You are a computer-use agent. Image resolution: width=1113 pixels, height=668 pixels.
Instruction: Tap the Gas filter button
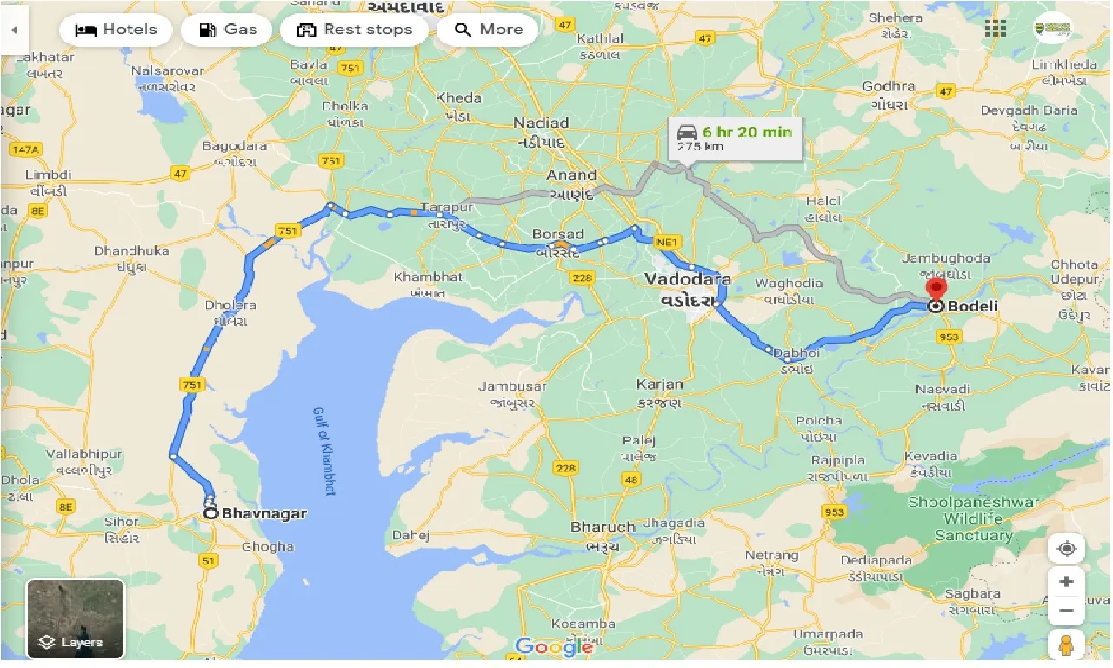coord(227,30)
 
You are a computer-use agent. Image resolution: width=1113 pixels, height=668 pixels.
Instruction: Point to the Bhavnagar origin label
coord(263,514)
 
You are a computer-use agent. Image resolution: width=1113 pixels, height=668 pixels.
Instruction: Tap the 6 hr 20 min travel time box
coord(735,137)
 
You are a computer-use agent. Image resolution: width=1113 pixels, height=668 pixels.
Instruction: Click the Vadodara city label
coord(687,280)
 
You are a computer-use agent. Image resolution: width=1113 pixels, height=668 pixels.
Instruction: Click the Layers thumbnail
coord(76,618)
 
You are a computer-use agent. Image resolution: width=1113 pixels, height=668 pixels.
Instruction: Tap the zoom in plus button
coord(1067,581)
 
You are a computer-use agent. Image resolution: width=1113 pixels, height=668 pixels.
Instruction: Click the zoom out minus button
coord(1067,611)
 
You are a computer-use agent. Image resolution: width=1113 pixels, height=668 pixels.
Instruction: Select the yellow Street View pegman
coord(1067,645)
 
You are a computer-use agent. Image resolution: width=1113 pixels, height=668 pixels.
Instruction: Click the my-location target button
coord(1067,549)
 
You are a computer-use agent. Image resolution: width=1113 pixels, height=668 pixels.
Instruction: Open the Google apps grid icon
coord(996,28)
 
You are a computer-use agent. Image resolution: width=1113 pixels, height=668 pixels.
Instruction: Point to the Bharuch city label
coord(603,527)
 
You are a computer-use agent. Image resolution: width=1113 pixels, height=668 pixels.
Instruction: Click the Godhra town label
coord(888,87)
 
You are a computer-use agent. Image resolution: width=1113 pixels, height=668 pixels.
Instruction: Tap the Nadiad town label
coord(540,123)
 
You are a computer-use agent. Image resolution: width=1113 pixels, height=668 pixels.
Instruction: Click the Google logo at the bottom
coord(553,646)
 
